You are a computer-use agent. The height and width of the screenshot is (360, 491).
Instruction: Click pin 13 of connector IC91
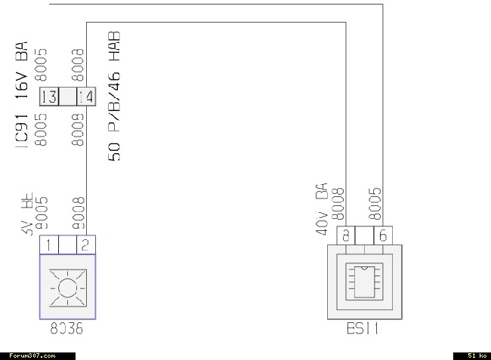(x=49, y=97)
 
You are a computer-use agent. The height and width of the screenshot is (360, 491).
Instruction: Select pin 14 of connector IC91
(x=85, y=97)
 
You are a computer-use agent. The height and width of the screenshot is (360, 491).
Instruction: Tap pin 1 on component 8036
(x=48, y=245)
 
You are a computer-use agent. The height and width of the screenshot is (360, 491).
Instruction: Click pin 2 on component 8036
(x=85, y=245)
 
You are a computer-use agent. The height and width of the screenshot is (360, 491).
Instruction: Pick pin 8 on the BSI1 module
(x=345, y=235)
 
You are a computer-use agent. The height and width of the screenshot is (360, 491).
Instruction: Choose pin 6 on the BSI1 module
(x=383, y=235)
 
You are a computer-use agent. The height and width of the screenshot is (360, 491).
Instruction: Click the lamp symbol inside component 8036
(x=67, y=288)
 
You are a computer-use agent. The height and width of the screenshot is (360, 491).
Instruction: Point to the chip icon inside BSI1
(x=363, y=282)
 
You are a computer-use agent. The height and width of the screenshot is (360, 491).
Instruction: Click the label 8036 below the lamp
(x=67, y=331)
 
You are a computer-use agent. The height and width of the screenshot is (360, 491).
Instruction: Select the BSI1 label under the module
(x=363, y=331)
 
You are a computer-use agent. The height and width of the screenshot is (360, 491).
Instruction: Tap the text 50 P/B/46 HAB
(x=116, y=96)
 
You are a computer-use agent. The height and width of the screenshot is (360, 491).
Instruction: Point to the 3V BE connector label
(x=29, y=216)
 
